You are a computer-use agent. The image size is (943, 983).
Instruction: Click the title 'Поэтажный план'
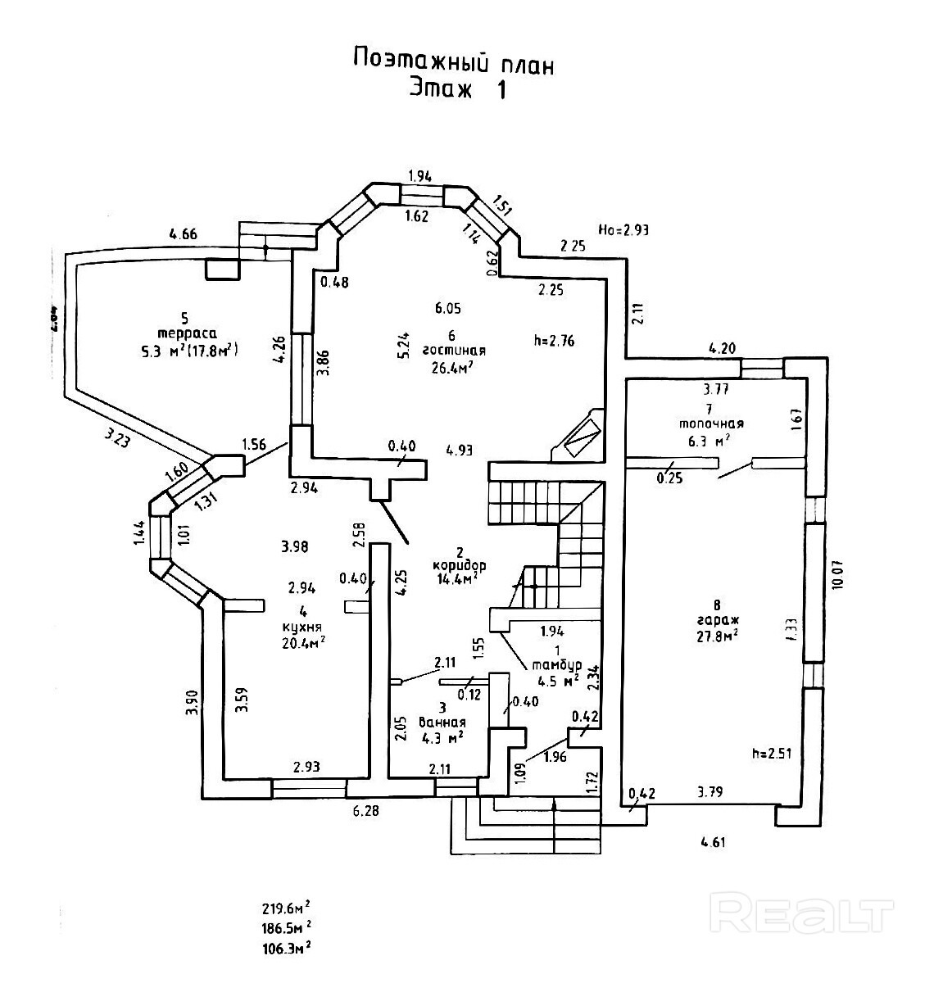coord(453,61)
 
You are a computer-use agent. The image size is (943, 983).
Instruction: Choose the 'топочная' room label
coord(710,424)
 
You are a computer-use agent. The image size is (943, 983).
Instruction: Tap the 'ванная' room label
coord(442,723)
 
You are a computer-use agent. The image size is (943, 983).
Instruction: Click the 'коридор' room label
coord(459,565)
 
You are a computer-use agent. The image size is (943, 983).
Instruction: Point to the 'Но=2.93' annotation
coord(623,230)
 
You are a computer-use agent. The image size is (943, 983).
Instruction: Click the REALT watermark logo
coord(805,913)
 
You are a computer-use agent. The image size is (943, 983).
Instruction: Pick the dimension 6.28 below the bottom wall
coord(365,810)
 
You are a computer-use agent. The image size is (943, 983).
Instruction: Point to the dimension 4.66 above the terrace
coord(183,234)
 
